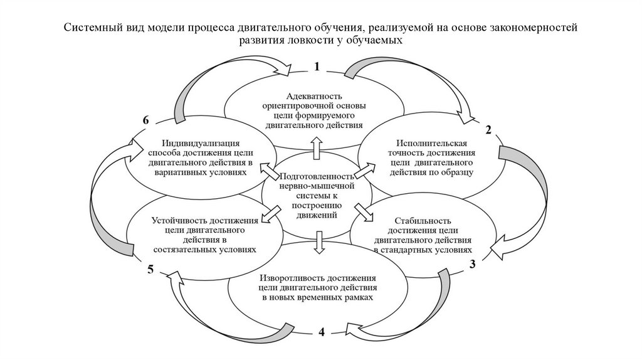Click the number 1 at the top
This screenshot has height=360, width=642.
coord(318,66)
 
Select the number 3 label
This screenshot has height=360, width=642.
coord(475,263)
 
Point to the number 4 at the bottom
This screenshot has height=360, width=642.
coord(322,332)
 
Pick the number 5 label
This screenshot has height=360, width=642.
coord(150,269)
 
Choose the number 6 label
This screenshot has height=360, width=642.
coord(146,120)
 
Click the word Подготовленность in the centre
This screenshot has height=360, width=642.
coord(318,176)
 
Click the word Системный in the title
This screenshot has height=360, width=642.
coord(90,28)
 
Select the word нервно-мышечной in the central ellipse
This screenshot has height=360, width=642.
coord(319,186)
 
